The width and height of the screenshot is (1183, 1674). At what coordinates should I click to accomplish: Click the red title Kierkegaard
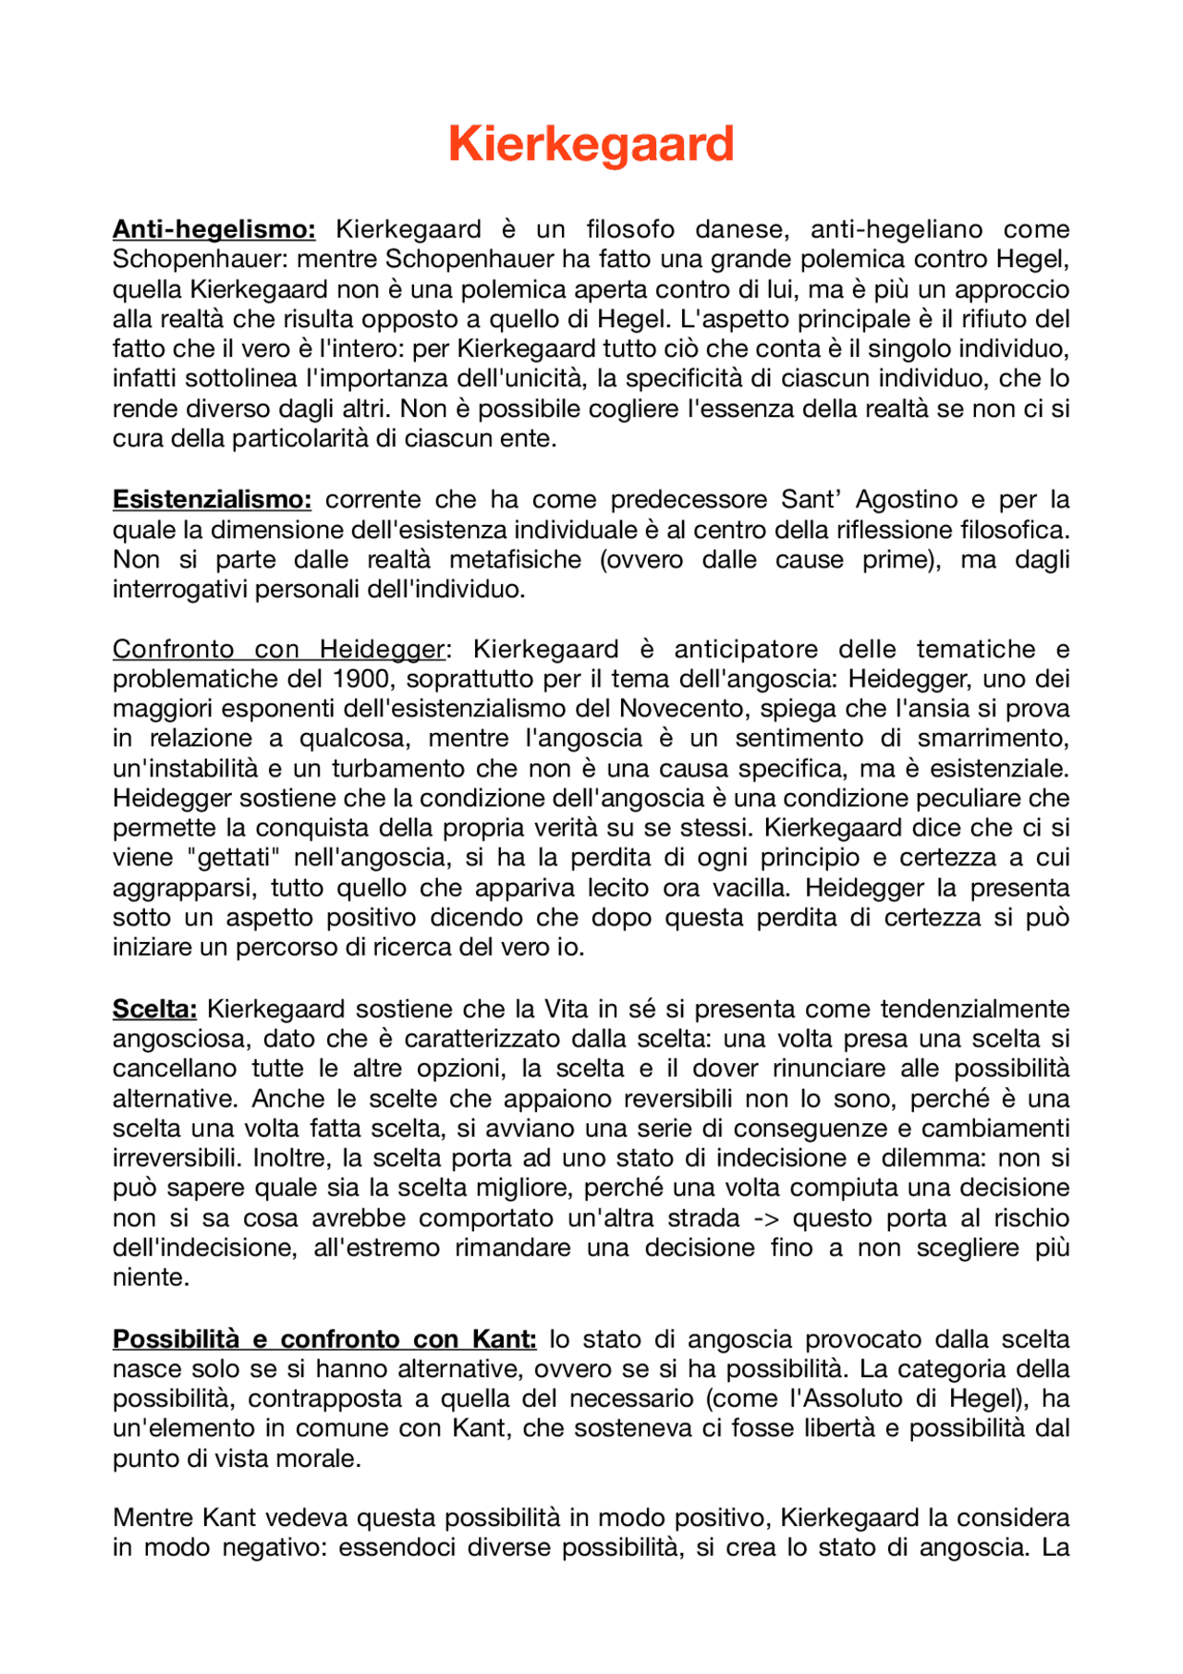click(591, 145)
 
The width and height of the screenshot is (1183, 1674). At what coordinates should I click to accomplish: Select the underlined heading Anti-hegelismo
click(213, 229)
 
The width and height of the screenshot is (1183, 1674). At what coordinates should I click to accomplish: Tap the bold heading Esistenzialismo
click(212, 500)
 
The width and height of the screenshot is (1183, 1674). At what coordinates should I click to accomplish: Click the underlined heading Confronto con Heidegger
click(278, 650)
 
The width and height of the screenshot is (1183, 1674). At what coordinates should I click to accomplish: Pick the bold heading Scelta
click(154, 1009)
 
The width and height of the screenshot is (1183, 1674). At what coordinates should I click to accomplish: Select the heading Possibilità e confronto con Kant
click(323, 1339)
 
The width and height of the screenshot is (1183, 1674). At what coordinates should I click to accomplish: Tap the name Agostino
click(907, 500)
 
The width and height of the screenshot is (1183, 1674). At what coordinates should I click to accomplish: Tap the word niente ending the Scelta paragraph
click(149, 1278)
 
